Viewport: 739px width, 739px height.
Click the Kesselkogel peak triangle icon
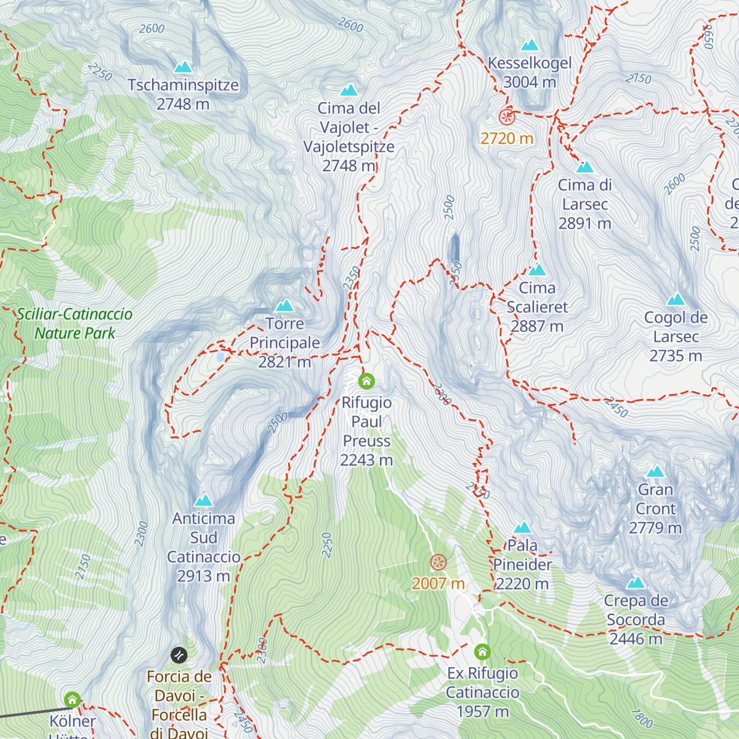click(530, 46)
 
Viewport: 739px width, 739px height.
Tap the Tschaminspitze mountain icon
click(183, 67)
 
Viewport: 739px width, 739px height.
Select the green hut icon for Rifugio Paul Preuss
click(366, 381)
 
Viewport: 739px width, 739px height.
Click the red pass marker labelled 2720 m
click(507, 117)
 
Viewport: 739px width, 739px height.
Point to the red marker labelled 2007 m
click(438, 562)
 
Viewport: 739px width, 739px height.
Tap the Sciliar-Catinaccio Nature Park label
click(75, 323)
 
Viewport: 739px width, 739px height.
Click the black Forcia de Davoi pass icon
click(179, 655)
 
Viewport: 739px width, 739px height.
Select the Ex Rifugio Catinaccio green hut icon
click(482, 652)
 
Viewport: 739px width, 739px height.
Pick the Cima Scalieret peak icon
click(537, 270)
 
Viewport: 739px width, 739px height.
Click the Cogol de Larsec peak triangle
click(676, 300)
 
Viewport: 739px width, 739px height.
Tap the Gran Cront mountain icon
click(655, 472)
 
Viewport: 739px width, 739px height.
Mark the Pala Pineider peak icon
click(522, 528)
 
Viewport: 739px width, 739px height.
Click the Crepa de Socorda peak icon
click(636, 583)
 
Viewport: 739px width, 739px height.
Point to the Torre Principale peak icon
click(285, 305)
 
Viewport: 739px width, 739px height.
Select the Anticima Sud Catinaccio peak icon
click(203, 501)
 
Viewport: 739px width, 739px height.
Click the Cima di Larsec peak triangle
click(584, 167)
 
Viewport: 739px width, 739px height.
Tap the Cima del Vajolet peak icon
click(349, 91)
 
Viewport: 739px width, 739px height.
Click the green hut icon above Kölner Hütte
click(72, 700)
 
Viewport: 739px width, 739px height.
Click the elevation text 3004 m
click(530, 82)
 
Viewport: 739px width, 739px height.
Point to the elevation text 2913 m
click(203, 576)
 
